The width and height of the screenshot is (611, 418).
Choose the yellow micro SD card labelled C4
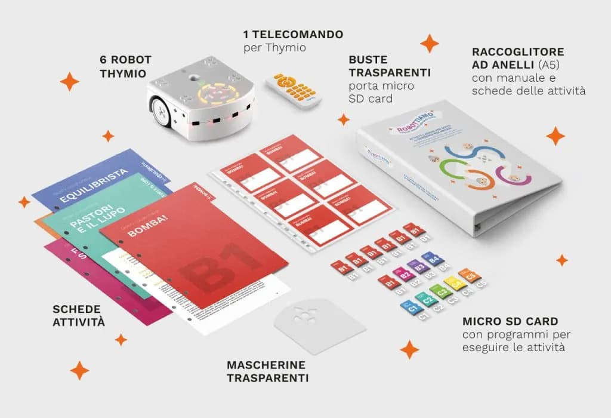click(x=456, y=284)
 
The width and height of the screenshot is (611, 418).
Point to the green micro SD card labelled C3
click(x=442, y=292)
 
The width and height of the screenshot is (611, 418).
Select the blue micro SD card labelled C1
click(x=411, y=306)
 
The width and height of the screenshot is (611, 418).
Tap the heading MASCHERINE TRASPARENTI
click(x=266, y=371)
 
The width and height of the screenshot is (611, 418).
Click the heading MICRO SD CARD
click(x=510, y=321)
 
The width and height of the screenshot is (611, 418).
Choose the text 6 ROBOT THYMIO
click(x=126, y=66)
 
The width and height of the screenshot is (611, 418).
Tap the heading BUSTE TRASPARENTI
click(x=389, y=66)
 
